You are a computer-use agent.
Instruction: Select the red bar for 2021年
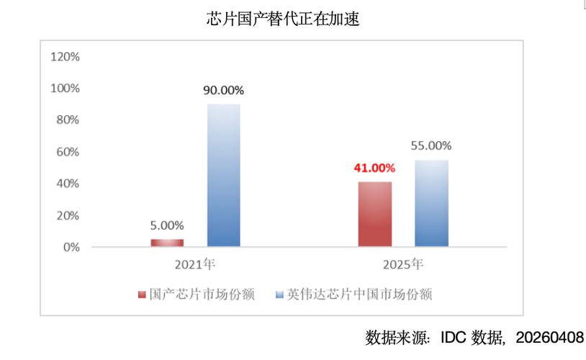pos(167,243)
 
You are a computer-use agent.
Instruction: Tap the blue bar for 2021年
pos(224,176)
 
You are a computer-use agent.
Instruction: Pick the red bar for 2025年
pos(374,214)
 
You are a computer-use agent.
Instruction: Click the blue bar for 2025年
pos(431,203)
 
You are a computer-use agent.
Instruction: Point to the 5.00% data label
pos(167,225)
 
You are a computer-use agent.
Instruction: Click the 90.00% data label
pos(224,91)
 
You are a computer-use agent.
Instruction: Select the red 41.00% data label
pos(374,168)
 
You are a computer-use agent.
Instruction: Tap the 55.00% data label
pos(431,145)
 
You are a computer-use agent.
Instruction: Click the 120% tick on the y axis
pos(65,56)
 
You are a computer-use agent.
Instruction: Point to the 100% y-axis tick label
pos(65,88)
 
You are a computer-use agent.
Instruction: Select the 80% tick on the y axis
pos(68,120)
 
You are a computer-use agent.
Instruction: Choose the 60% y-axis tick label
pos(68,152)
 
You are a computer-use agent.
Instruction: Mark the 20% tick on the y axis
pos(68,215)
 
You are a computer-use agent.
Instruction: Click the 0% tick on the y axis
pos(71,247)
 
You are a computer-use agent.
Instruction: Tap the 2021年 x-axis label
pos(196,264)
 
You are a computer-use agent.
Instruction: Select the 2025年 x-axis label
pos(402,264)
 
